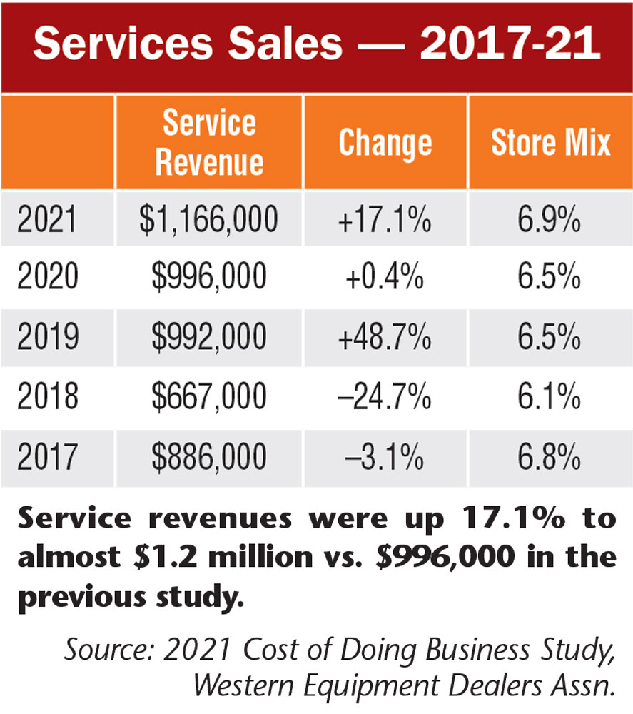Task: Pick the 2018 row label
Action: tap(47, 398)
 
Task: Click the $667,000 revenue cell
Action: tap(209, 398)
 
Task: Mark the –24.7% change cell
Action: tap(386, 398)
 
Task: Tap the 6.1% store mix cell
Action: tap(550, 398)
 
